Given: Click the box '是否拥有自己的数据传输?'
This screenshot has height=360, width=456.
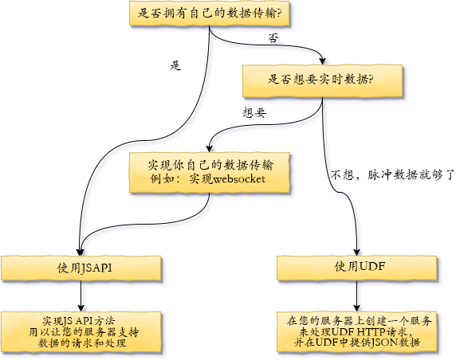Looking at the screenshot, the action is (210, 14).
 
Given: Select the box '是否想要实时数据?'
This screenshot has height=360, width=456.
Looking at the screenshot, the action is (323, 80).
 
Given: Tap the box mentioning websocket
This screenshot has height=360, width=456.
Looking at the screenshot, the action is (210, 173).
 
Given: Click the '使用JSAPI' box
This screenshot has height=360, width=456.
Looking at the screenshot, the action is (81, 268).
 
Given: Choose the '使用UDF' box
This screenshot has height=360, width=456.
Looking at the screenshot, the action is (357, 268).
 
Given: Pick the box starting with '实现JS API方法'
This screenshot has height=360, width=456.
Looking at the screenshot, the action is (81, 332).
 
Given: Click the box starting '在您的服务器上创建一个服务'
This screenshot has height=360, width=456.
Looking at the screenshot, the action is (357, 332).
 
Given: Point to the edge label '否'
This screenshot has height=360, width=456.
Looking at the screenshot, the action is (273, 37).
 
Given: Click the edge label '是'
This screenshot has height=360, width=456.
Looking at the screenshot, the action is (175, 65).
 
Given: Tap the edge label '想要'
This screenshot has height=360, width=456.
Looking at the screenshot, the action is (254, 112).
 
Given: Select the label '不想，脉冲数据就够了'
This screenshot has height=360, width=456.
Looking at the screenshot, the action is (392, 175).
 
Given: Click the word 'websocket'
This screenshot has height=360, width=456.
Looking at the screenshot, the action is (239, 179).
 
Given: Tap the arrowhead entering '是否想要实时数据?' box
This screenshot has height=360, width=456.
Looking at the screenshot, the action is (322, 61).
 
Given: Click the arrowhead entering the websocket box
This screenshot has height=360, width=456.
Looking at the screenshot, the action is (210, 148).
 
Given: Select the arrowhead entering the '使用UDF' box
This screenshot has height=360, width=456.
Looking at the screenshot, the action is (357, 252).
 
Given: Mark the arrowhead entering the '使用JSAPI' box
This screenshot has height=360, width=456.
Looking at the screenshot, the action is (80, 252).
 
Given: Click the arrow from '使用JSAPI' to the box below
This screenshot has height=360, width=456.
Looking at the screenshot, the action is (81, 296).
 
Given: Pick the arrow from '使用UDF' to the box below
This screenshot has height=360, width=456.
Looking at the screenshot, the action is (357, 296).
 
